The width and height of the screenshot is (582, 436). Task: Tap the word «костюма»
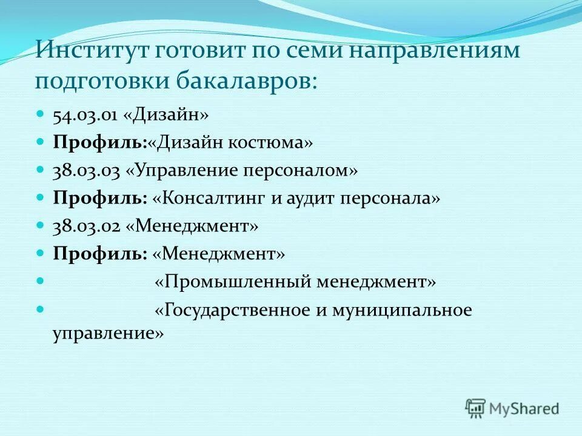271,143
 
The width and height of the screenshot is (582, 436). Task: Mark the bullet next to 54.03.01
41,114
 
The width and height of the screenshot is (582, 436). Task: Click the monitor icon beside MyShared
476,408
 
